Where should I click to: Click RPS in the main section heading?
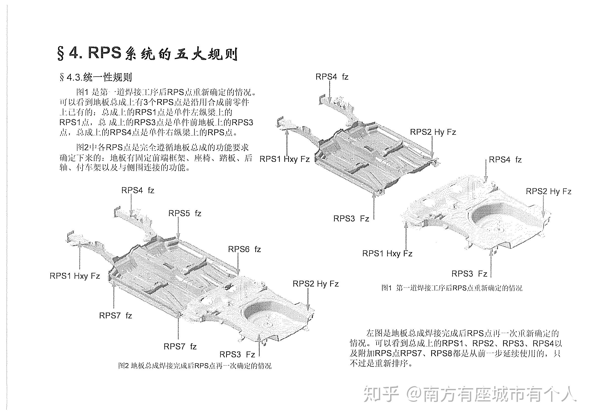point(104,53)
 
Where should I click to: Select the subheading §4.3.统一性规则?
point(96,77)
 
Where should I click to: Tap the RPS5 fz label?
point(185,213)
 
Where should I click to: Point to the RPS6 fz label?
point(244,249)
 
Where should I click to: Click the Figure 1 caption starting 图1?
point(451,288)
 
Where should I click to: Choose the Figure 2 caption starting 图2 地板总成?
point(195,366)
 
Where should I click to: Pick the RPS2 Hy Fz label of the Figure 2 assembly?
point(315,284)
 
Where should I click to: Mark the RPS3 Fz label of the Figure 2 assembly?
point(237,354)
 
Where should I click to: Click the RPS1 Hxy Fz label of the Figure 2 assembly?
point(75,276)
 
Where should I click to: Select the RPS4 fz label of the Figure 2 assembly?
point(138,190)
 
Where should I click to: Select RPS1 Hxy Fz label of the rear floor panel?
point(387,253)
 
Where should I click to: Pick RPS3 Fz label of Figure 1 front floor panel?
point(351,218)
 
